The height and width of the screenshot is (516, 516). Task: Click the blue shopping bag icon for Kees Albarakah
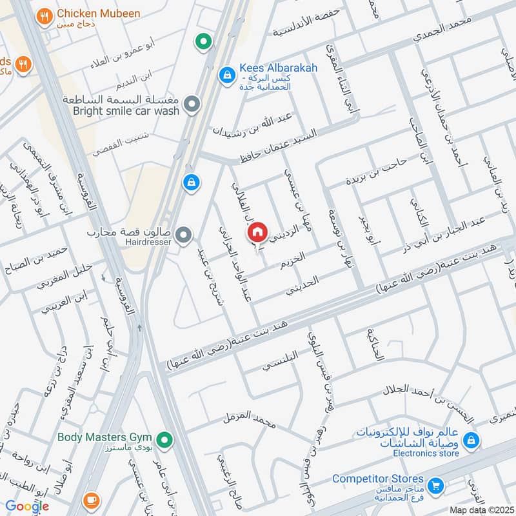click(x=226, y=75)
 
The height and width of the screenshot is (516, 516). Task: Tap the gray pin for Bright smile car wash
click(x=192, y=104)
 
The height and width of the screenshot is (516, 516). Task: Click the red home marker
click(x=257, y=232)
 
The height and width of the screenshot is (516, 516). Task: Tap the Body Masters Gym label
click(x=104, y=437)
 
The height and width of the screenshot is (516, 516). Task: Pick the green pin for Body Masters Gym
click(x=165, y=441)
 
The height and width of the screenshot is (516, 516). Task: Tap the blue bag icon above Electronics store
click(x=471, y=439)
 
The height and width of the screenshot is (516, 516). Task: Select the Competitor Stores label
click(x=378, y=479)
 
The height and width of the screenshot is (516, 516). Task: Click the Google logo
click(x=27, y=506)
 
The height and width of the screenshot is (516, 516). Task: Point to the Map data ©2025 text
click(x=481, y=510)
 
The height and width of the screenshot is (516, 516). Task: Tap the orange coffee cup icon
click(x=92, y=499)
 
